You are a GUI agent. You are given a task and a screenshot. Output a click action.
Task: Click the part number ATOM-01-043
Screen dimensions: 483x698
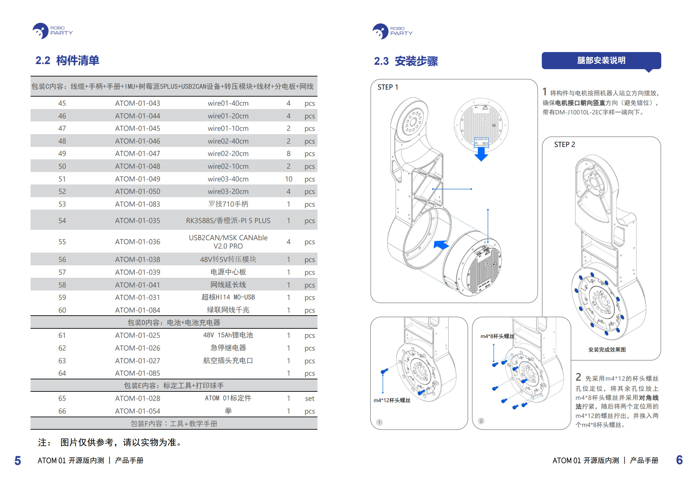coord(137,103)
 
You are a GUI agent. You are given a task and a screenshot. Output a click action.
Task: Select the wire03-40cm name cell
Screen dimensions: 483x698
coord(228,179)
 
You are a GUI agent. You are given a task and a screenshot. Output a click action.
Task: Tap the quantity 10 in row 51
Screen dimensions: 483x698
coord(288,179)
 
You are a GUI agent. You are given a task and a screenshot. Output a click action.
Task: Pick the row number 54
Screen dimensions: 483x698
coord(62,221)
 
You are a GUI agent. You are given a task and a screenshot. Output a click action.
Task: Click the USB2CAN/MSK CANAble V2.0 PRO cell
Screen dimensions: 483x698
coord(228,242)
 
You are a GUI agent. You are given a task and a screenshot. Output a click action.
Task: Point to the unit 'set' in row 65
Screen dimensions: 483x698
coord(309,398)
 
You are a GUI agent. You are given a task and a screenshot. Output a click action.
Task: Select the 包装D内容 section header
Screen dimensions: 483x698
coord(173,323)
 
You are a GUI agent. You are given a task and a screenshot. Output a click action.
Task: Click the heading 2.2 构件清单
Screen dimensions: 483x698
coord(67,61)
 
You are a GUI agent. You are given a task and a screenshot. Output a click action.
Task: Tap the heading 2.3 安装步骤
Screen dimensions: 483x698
coord(406,61)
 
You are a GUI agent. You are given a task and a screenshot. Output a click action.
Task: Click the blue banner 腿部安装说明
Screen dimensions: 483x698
coord(601,61)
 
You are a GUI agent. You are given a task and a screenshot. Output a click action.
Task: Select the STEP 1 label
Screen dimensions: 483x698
coord(388,87)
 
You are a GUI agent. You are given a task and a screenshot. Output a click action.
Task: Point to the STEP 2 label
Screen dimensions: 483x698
coord(564,145)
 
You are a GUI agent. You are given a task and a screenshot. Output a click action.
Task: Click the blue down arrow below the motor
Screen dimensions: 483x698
coord(481,154)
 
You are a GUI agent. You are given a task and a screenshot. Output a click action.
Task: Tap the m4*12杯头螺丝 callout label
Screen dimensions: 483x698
coord(392,400)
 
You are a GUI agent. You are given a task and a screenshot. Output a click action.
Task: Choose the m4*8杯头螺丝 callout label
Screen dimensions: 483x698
coord(497,336)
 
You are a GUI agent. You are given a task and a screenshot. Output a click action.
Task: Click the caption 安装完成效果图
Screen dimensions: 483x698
coord(607,350)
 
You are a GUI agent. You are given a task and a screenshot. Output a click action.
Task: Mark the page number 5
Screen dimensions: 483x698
coord(18,461)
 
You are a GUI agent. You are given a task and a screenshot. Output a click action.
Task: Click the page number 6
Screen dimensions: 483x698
coord(679,460)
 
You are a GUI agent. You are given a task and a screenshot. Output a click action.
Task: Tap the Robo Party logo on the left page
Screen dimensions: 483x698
coord(52,31)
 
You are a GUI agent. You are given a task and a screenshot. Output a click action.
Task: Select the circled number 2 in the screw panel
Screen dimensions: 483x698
coord(481,421)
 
